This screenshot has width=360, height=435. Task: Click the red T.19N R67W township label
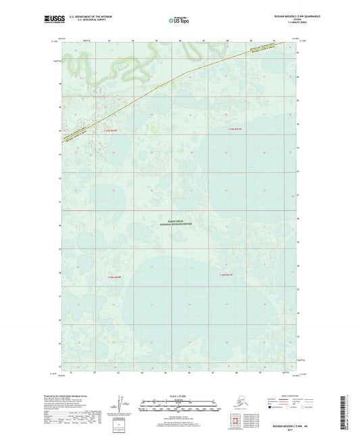[x=234, y=129]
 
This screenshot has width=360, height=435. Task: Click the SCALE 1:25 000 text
[x=178, y=394]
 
